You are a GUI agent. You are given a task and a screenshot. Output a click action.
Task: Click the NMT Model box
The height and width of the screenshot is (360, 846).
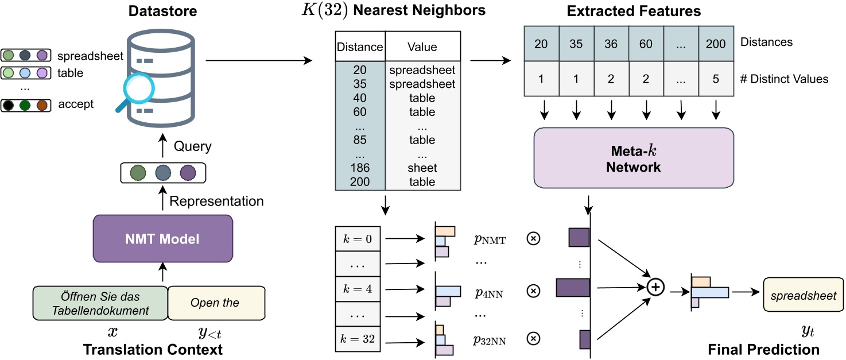[162, 239]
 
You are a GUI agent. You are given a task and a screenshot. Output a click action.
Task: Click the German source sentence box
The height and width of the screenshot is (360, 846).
[100, 303]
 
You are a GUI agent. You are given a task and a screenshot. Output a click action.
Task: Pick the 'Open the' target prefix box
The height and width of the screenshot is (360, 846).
[216, 303]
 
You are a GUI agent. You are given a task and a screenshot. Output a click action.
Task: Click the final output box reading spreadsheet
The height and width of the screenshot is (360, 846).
[803, 296]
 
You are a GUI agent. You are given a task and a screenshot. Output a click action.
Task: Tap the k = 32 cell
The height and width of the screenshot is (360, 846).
[358, 339]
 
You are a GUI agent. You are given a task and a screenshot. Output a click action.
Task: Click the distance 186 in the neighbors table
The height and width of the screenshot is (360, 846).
[359, 168]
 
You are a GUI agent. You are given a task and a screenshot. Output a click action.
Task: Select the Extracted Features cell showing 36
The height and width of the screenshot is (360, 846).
[611, 44]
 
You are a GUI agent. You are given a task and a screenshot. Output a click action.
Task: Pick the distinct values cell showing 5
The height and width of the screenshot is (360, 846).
[716, 79]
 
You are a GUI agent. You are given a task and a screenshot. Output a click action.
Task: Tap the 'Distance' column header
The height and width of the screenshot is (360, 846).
[359, 47]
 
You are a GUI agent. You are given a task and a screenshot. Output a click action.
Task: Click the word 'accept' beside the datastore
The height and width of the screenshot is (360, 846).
[76, 105]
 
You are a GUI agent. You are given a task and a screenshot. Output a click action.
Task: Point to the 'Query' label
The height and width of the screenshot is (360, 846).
[192, 146]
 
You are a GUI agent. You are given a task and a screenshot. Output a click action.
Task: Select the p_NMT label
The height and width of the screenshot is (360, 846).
[490, 240]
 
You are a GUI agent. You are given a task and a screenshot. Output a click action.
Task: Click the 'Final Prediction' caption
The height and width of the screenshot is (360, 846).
[763, 349]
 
